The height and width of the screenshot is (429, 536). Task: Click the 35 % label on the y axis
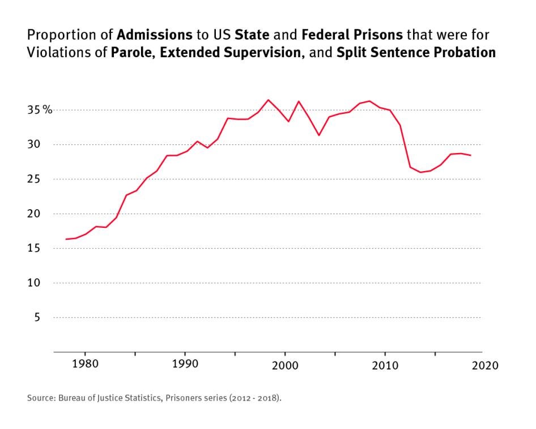click(x=40, y=110)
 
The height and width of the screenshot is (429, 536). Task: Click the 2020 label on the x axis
click(x=485, y=365)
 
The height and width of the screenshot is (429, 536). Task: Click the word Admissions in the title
click(x=155, y=36)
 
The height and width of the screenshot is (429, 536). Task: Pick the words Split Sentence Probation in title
click(x=416, y=53)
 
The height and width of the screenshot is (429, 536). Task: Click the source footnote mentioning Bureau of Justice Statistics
click(x=154, y=398)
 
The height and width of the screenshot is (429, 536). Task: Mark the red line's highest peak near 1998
click(x=269, y=100)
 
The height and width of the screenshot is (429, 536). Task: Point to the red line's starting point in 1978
click(x=66, y=239)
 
